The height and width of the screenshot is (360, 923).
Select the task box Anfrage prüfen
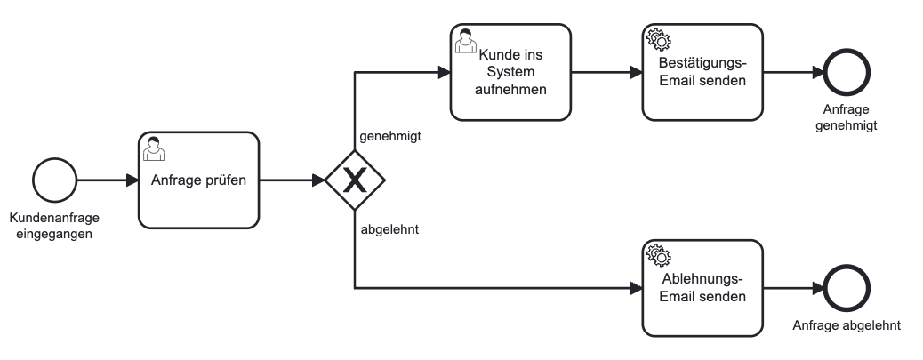pyautogui.click(x=198, y=180)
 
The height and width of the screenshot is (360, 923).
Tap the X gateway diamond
pyautogui.click(x=354, y=180)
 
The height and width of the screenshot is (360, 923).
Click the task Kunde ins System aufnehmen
pyautogui.click(x=510, y=72)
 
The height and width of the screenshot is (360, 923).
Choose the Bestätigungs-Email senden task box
pyautogui.click(x=702, y=72)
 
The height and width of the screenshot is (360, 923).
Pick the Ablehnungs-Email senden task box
pyautogui.click(x=702, y=288)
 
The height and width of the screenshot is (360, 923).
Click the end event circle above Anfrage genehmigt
pyautogui.click(x=845, y=72)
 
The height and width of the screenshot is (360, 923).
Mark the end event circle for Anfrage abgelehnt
pyautogui.click(x=846, y=288)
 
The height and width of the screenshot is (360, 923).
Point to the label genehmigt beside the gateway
pyautogui.click(x=389, y=137)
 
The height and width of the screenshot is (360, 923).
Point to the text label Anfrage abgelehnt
pyautogui.click(x=846, y=325)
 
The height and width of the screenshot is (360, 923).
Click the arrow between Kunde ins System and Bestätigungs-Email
pyautogui.click(x=606, y=72)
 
